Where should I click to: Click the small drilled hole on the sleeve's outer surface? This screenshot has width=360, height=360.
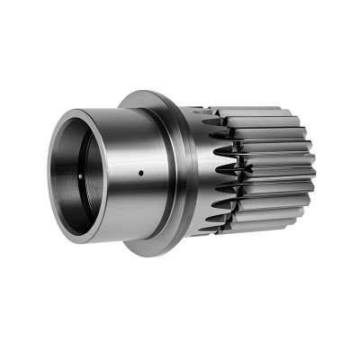(x=140, y=170)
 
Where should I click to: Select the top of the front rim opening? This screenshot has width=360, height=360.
(x=76, y=111)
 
